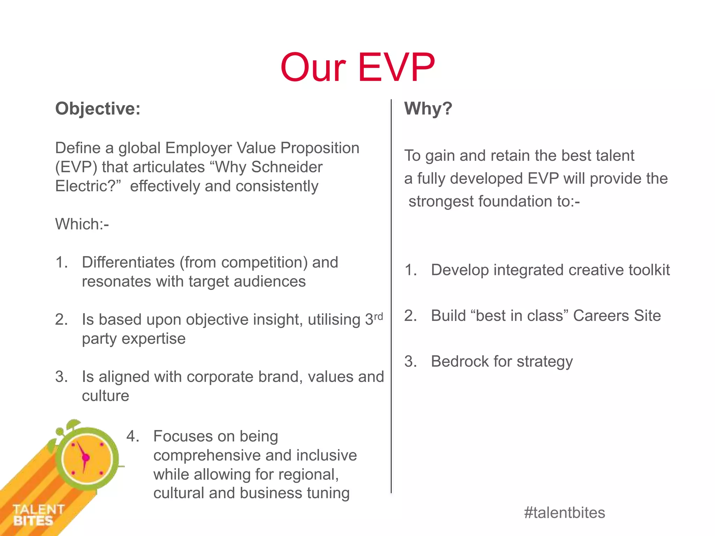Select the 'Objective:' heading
click(x=98, y=109)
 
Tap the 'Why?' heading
click(x=428, y=109)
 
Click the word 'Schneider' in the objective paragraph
click(x=287, y=167)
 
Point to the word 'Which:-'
click(x=82, y=224)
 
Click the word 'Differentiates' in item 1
click(x=128, y=262)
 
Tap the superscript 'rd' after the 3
click(x=378, y=316)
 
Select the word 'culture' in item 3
click(x=105, y=396)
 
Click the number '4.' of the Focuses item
click(x=133, y=436)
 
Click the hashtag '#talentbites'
click(x=565, y=513)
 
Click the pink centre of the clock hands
click(x=86, y=457)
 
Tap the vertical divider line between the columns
click(x=391, y=297)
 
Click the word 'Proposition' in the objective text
click(x=320, y=148)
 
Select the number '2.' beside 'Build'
click(x=411, y=316)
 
